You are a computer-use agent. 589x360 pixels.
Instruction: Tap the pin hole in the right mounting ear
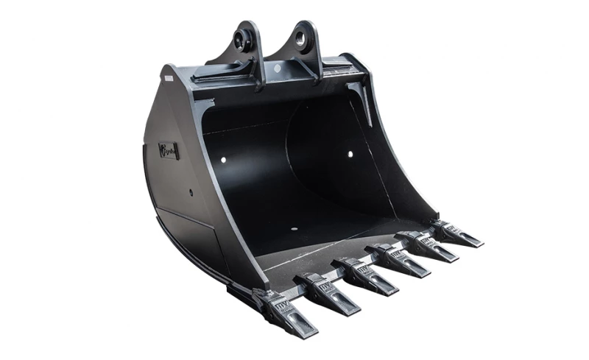click(x=303, y=33)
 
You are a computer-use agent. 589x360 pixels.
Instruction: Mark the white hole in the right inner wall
click(x=350, y=154)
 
